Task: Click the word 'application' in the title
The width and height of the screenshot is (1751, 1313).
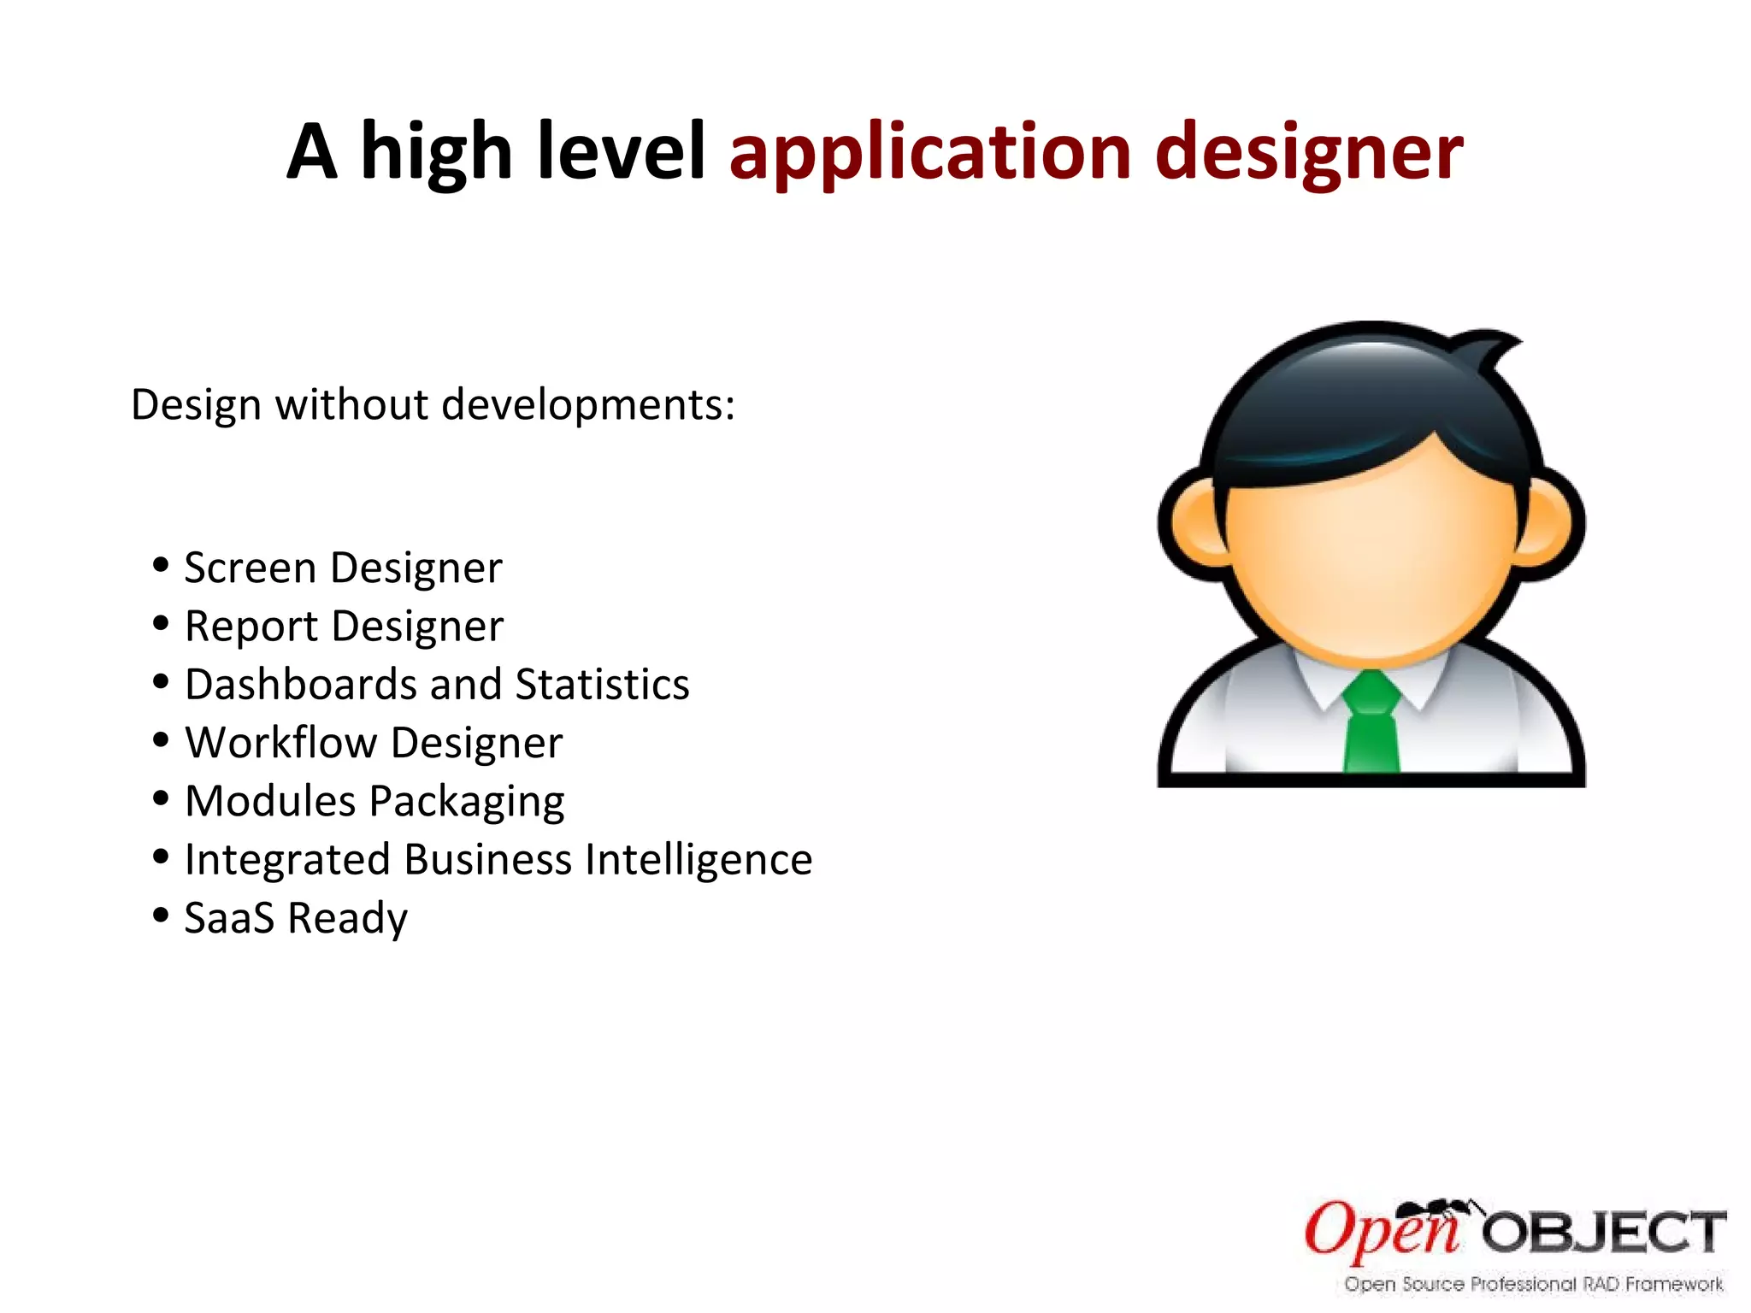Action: [x=930, y=154]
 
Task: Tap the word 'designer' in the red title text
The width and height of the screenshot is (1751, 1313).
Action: [x=1308, y=154]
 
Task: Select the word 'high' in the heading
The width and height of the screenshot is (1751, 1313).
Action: [x=436, y=154]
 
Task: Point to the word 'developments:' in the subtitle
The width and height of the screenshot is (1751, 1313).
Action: [x=588, y=404]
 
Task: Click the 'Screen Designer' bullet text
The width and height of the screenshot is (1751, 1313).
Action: [x=343, y=568]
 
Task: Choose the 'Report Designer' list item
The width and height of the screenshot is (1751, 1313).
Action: [x=344, y=627]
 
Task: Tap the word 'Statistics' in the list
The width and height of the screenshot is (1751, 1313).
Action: [x=602, y=685]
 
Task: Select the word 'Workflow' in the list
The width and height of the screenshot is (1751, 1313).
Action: [x=280, y=743]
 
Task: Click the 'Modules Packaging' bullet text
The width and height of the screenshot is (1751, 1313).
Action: [x=374, y=802]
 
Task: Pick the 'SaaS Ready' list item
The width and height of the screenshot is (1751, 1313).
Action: [x=296, y=918]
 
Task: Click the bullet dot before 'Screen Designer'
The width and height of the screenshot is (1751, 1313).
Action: [x=161, y=565]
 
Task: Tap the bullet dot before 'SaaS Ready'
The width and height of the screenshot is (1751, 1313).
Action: [x=161, y=915]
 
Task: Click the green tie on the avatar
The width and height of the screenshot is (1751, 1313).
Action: [x=1371, y=727]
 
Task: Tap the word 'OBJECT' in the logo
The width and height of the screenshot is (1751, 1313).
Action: [x=1604, y=1233]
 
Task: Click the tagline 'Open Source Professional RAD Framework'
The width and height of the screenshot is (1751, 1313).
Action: [x=1533, y=1284]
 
